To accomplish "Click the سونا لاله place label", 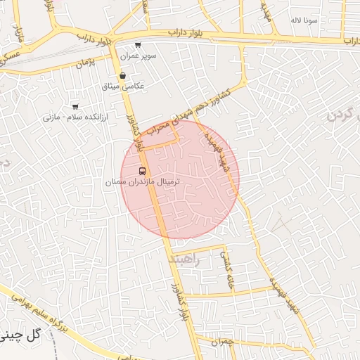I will click(x=304, y=20).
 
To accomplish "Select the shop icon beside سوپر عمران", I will click(x=138, y=45).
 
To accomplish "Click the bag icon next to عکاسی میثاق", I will click(x=123, y=75).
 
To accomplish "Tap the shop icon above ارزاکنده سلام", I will click(x=75, y=106).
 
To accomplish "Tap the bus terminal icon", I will click(x=143, y=171).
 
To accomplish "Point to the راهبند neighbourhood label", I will click(x=185, y=259).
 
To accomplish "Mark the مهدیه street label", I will click(x=266, y=13).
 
